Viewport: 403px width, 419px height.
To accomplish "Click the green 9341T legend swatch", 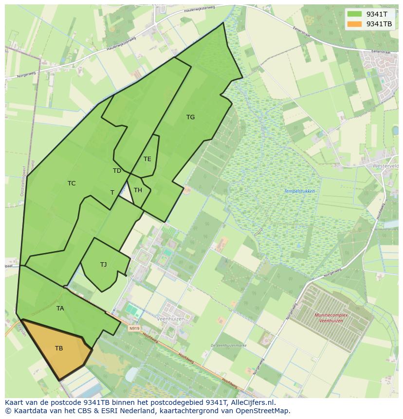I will click(354, 14).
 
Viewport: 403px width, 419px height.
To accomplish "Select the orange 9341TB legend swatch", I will click(354, 24).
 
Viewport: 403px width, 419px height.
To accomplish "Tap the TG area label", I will click(190, 117).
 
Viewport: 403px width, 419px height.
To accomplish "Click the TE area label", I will click(147, 159).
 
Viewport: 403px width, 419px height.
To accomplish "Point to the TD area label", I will click(117, 171).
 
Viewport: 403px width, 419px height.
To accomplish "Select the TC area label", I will click(72, 183).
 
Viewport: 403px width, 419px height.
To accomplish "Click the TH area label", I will click(138, 190).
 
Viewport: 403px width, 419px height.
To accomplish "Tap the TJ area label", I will click(103, 265).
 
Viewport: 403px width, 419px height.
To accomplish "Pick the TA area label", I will click(60, 309).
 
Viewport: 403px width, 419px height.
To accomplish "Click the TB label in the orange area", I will click(59, 348).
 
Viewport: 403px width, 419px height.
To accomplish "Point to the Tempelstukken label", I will click(299, 191).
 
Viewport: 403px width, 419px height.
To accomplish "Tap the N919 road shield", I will click(134, 328).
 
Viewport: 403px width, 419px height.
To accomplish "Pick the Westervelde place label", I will click(386, 166).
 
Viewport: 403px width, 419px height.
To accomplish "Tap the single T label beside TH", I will click(112, 193).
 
